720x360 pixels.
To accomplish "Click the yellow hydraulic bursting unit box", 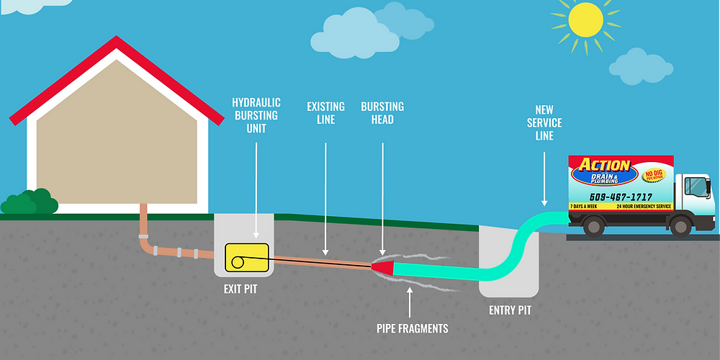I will (246, 257).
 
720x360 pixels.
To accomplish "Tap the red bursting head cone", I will (384, 268).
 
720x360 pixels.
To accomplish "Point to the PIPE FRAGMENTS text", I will (412, 329).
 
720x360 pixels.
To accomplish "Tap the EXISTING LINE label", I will (326, 113).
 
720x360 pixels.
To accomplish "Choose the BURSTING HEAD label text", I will (382, 113).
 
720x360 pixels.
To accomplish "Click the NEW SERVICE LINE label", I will (544, 123).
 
